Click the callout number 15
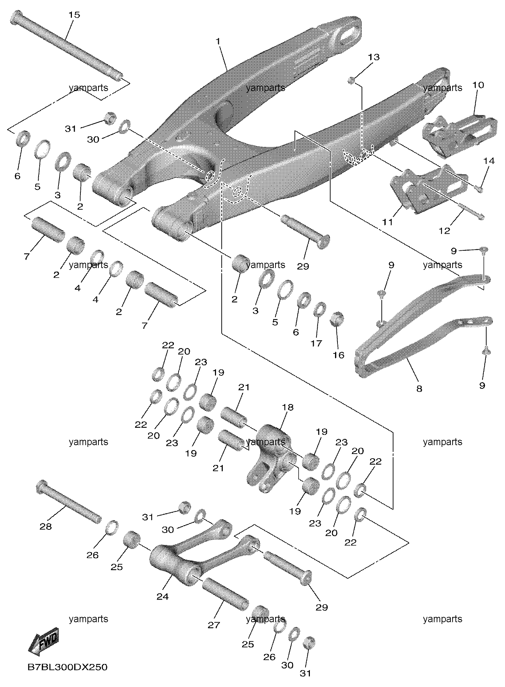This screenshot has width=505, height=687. [x=74, y=15]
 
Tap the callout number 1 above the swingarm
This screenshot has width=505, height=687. [x=218, y=41]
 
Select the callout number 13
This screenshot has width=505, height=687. [x=374, y=57]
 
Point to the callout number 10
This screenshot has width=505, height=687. [x=478, y=85]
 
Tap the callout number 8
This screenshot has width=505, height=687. [x=419, y=389]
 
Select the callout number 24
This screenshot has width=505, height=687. [x=163, y=597]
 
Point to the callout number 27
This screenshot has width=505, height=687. [x=214, y=625]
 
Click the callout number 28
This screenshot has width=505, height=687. [x=46, y=527]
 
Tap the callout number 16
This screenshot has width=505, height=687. [x=339, y=355]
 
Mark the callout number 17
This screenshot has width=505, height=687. [x=316, y=343]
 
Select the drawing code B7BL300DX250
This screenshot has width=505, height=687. [x=67, y=668]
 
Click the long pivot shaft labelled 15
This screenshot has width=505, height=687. [x=67, y=45]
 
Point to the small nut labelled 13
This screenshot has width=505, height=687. [x=351, y=80]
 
